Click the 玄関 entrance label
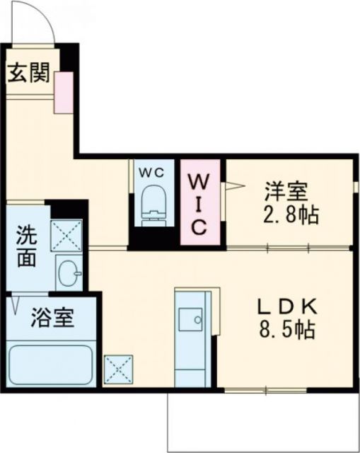coord(29,74)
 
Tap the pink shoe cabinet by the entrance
coord(64,93)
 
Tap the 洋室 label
coord(286,191)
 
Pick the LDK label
coord(286,306)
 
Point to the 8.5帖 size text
coord(286,329)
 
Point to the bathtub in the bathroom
coord(50,364)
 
